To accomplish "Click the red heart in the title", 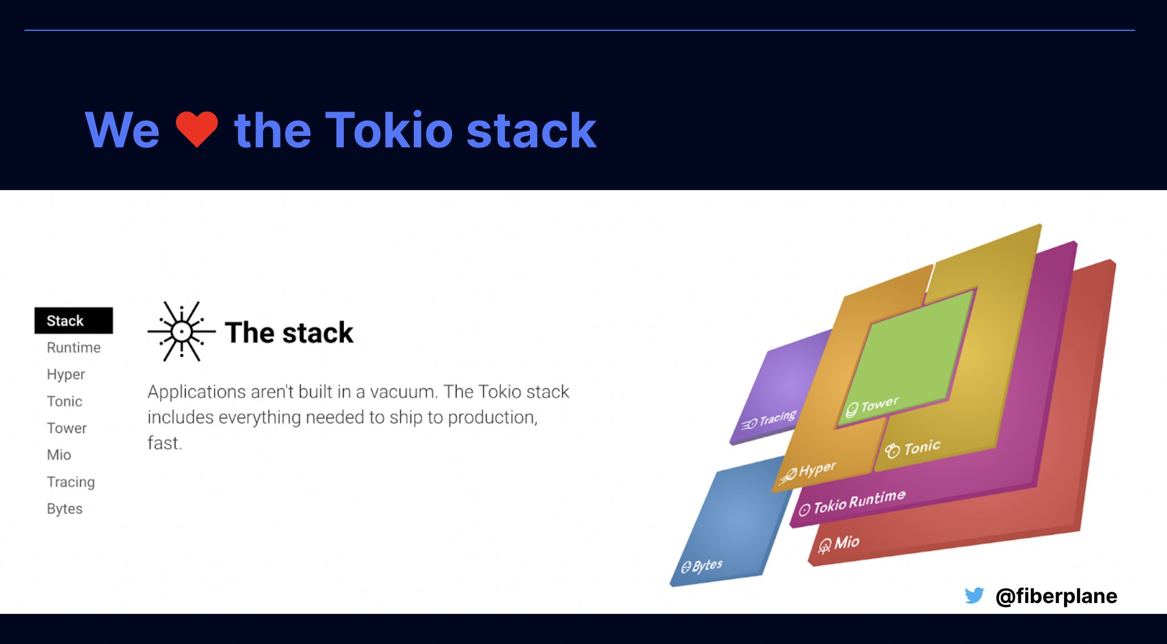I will pos(196,129).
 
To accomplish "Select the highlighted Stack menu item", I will pos(73,321).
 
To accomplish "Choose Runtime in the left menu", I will pos(73,348).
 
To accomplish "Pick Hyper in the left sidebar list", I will pos(65,374).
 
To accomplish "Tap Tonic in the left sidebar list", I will pos(64,402).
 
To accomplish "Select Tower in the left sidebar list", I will pos(67,428).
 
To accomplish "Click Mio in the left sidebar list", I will pos(59,455).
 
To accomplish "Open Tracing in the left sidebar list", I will pos(71,482).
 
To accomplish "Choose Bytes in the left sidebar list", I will pos(64,509).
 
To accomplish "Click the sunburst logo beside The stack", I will pos(182,331).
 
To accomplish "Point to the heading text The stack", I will pos(289,333).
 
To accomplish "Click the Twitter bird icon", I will pos(974,596).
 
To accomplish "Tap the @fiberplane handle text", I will pos(1056,596).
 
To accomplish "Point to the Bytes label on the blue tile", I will pos(706,565).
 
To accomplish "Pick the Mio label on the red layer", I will pos(846,542).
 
